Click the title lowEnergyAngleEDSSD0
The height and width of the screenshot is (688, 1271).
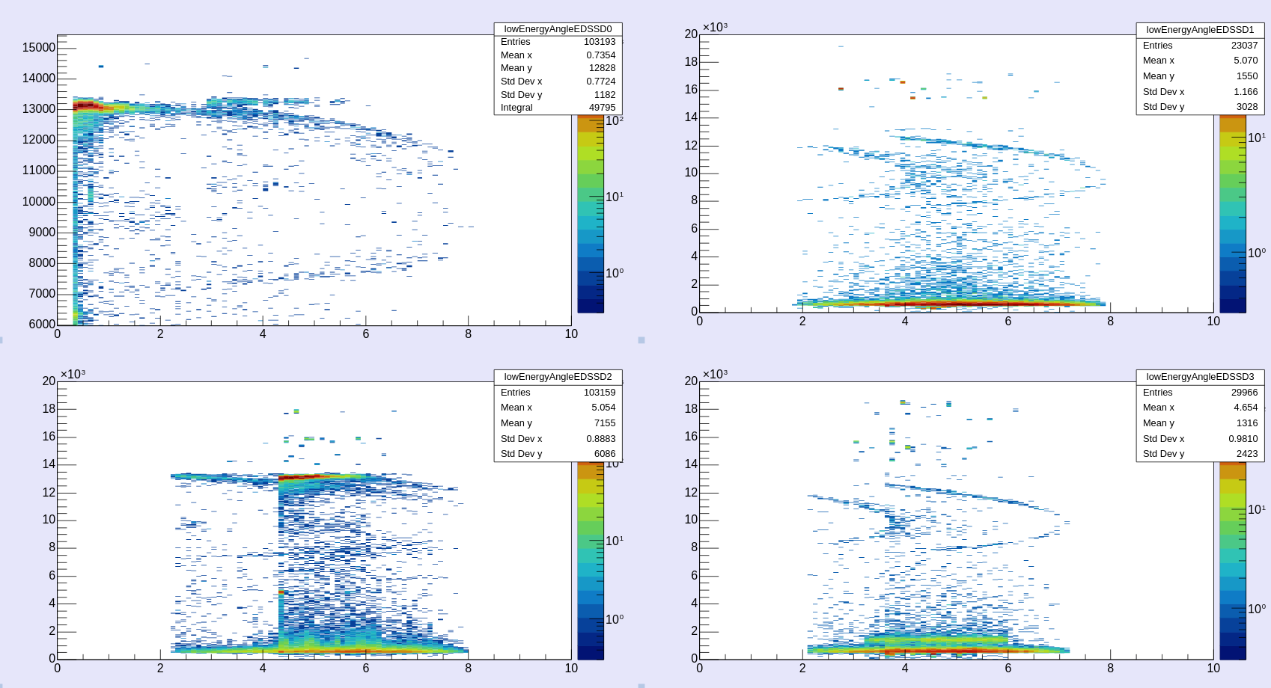(558, 29)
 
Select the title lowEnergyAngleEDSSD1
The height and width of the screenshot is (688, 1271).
(1200, 30)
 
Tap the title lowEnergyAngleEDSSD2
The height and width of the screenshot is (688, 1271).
(558, 377)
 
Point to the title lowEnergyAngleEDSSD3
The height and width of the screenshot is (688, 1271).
(1200, 377)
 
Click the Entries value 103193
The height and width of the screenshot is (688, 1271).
(600, 42)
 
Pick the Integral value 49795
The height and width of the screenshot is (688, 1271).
(602, 108)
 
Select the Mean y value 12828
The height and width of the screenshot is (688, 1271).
(602, 68)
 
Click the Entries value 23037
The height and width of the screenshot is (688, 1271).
(1244, 46)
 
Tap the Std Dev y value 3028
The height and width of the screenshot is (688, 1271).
(1246, 107)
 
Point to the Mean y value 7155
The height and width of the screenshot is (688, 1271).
(604, 423)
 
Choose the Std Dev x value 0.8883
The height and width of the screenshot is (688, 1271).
(600, 439)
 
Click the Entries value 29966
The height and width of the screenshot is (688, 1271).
(1244, 393)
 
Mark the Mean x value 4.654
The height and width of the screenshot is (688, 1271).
(1246, 408)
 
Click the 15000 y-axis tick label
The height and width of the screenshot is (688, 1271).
(39, 48)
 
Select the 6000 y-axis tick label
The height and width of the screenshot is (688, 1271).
(42, 324)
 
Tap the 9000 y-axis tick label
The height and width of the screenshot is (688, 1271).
(42, 232)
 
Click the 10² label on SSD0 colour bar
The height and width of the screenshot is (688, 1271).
(614, 120)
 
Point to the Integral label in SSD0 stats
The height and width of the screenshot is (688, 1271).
(516, 108)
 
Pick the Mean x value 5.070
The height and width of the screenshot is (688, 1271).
(1246, 61)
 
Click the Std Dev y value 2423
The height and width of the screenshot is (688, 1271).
(1246, 454)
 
